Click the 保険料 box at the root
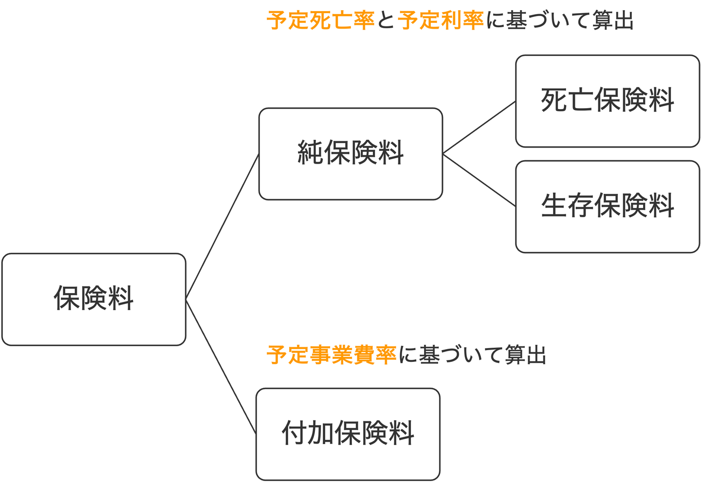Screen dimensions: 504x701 point(93,299)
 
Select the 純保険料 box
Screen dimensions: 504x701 point(350,153)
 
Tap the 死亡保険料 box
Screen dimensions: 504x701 point(607,101)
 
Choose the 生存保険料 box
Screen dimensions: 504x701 point(607,206)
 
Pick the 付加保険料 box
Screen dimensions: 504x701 point(348,434)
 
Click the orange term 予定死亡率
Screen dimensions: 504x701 point(320,21)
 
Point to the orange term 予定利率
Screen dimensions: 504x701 point(441,21)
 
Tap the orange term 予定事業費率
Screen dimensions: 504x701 point(332,355)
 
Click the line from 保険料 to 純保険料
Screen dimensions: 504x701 point(222,226)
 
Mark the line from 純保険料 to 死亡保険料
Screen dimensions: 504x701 point(479,128)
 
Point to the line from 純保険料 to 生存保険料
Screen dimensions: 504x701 point(479,180)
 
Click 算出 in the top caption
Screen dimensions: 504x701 point(613,21)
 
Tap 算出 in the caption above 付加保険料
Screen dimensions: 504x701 point(525,355)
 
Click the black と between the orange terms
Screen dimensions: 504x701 point(386,21)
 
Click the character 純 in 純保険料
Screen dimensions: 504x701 point(310,153)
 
